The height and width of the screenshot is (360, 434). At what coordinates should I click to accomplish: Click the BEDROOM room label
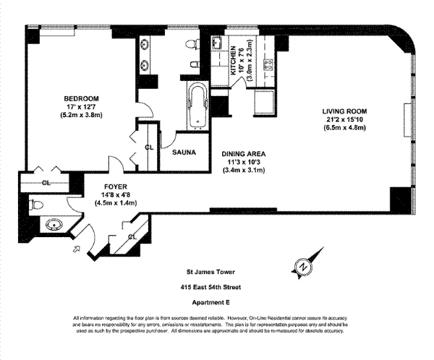pos(60,98)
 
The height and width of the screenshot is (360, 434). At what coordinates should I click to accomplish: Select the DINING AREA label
pos(244,154)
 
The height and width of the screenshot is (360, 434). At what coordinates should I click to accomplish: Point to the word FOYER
pos(116,186)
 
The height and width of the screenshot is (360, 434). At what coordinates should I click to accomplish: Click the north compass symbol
pos(303,266)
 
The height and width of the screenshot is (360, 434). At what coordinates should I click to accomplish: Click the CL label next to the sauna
pos(148,147)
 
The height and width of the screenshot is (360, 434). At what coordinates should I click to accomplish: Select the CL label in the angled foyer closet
pos(132,236)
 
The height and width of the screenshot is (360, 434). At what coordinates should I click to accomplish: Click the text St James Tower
pos(215,273)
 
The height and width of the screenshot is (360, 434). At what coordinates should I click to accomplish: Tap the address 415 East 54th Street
pos(215,287)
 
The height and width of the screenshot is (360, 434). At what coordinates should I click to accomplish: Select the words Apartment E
pos(215,302)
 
